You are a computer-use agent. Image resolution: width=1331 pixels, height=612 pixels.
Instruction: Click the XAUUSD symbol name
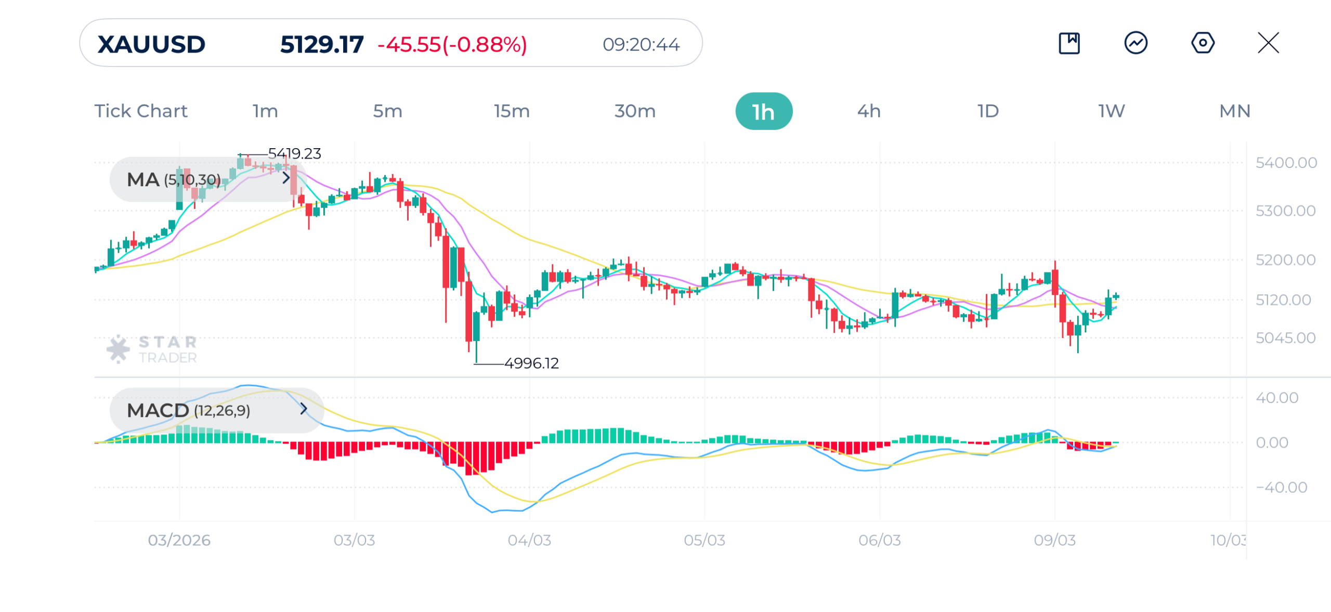151,45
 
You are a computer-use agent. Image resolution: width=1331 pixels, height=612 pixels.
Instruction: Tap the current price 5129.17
321,45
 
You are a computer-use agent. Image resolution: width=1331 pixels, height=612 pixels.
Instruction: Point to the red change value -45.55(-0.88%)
452,45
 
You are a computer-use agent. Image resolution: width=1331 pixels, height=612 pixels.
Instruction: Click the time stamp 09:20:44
641,45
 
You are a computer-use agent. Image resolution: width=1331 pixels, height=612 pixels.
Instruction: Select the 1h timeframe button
763,111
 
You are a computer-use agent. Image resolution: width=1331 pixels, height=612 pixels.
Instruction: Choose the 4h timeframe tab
868,111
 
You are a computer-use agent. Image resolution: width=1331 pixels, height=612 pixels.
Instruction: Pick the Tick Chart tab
140,111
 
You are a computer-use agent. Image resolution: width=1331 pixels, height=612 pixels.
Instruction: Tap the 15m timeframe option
511,111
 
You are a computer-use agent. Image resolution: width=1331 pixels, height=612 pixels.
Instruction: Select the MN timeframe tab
1234,111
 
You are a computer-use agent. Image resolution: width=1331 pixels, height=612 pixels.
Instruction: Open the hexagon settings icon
1202,43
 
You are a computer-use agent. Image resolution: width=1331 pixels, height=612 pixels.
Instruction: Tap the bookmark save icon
1069,43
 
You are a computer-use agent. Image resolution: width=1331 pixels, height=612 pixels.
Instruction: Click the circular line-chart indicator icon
1136,43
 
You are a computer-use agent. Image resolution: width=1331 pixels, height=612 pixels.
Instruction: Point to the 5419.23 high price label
294,154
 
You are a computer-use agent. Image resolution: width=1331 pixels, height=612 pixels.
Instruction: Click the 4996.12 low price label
531,363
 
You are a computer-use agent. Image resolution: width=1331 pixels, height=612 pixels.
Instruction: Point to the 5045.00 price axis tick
1285,338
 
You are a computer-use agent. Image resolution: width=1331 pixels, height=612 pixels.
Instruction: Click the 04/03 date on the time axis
529,541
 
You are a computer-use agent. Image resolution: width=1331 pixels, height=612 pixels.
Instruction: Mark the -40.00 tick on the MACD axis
1281,488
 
